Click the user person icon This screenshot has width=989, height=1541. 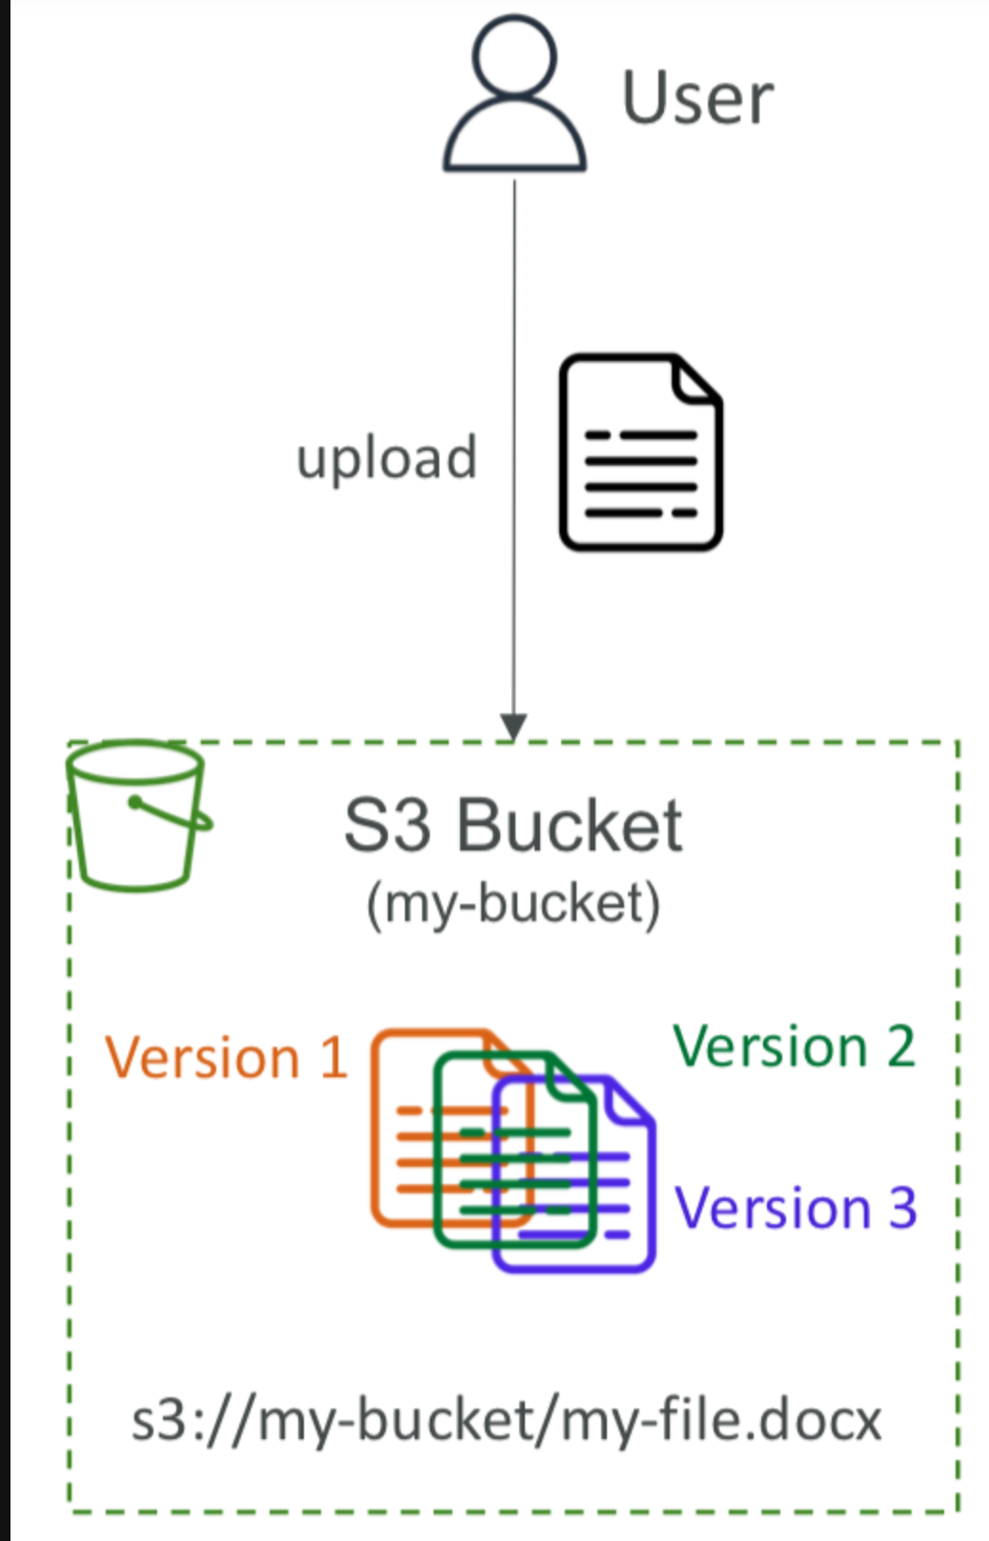515,95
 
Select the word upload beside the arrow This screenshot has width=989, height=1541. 387,458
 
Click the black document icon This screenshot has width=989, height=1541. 639,452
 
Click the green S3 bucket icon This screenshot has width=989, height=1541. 138,815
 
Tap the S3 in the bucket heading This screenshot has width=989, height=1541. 387,825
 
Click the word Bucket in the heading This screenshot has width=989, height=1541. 569,825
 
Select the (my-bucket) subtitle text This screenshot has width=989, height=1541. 514,904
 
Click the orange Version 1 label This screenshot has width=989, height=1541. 226,1058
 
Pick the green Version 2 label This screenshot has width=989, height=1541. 794,1047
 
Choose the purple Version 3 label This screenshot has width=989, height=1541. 796,1208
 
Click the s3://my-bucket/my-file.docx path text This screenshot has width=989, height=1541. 506,1421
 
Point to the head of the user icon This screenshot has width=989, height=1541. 515,53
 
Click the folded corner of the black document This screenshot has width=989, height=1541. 696,379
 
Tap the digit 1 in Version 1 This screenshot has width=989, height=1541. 333,1058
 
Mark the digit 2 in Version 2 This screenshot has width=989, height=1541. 900,1047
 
